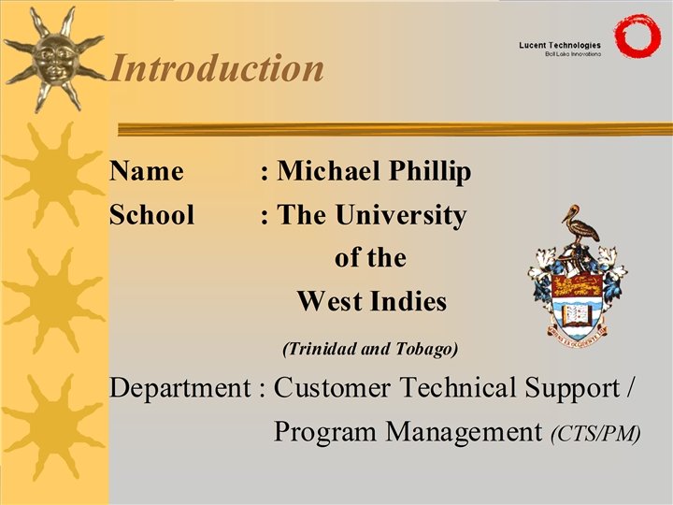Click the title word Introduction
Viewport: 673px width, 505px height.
tap(217, 68)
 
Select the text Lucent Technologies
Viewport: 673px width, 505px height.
tap(560, 45)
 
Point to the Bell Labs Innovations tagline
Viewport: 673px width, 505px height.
tap(572, 55)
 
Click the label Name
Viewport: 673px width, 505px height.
tap(146, 172)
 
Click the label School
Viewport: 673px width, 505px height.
tap(151, 216)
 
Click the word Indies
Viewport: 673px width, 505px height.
tap(404, 302)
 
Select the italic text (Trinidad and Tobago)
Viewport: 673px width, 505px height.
tap(369, 350)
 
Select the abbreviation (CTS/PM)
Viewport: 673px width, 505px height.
tap(595, 434)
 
